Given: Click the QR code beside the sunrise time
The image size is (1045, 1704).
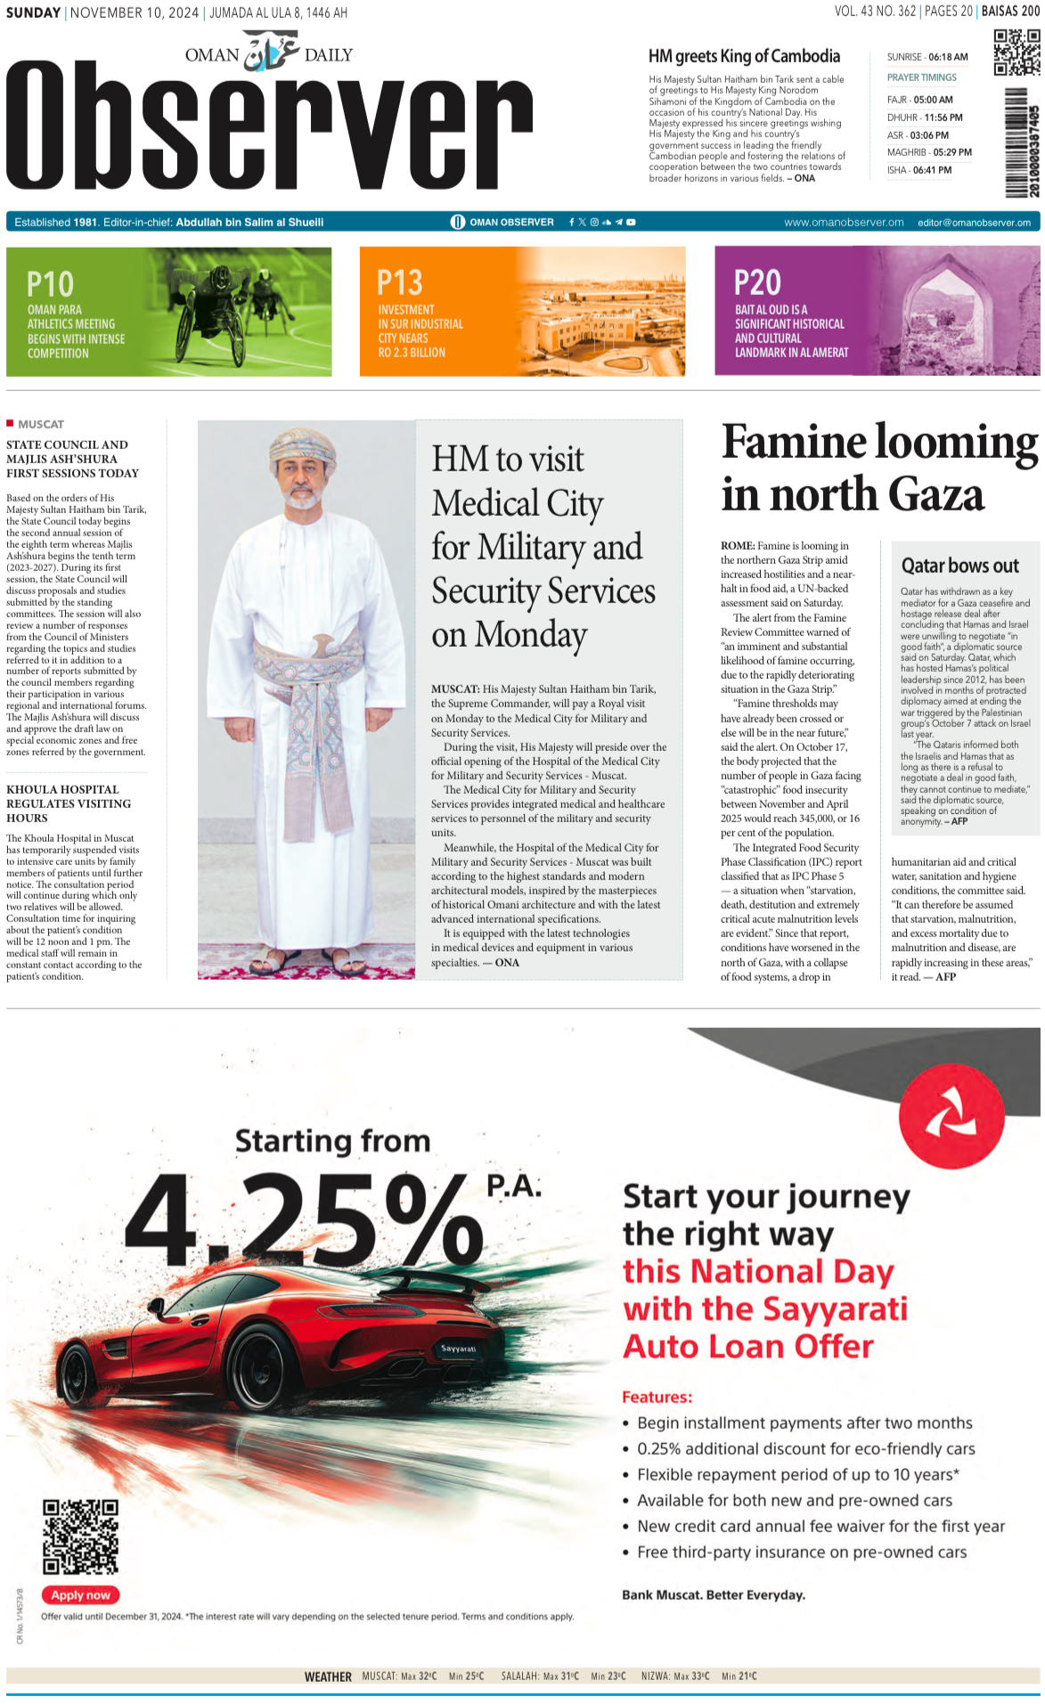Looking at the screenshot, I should click(1016, 53).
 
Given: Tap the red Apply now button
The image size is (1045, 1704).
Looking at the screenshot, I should click(80, 1594).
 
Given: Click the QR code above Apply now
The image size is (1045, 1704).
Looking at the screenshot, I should click(80, 1537).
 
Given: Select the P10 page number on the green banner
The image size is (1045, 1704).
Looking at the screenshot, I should click(50, 285).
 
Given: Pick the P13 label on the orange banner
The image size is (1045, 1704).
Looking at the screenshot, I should click(399, 283).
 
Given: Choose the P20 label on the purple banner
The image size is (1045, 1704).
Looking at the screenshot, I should click(757, 283).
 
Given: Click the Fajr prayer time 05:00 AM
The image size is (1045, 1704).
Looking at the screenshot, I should click(933, 100).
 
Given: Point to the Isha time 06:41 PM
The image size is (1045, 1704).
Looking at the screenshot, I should click(932, 170).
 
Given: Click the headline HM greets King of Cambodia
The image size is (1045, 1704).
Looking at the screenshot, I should click(744, 56).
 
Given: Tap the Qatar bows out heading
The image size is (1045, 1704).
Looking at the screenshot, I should click(959, 566).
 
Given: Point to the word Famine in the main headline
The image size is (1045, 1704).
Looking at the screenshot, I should click(795, 443).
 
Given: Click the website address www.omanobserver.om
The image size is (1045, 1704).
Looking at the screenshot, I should click(844, 223).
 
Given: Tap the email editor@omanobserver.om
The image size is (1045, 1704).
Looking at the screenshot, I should click(974, 223).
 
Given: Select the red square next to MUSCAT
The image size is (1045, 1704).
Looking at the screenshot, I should click(10, 423).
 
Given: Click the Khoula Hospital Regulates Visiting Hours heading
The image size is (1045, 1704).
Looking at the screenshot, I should click(68, 803).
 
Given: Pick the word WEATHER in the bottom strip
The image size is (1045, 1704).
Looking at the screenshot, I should click(328, 1676).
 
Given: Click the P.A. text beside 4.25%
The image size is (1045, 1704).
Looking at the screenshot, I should click(514, 1186).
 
